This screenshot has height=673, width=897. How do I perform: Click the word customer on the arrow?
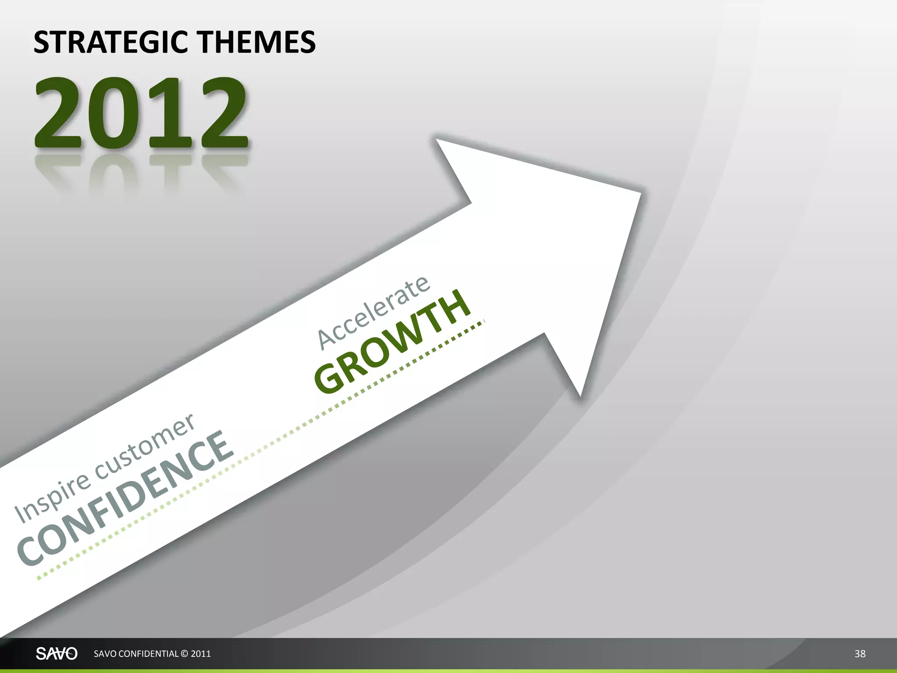pyautogui.click(x=145, y=447)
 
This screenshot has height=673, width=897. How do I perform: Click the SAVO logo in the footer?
pyautogui.click(x=57, y=654)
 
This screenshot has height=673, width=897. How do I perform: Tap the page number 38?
pyautogui.click(x=860, y=654)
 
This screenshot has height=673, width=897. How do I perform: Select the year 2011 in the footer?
pyautogui.click(x=201, y=654)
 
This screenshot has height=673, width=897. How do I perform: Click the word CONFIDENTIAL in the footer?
pyautogui.click(x=148, y=654)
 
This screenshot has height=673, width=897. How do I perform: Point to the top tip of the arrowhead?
pyautogui.click(x=437, y=140)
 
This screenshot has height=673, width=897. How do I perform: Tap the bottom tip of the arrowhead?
pyautogui.click(x=580, y=395)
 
